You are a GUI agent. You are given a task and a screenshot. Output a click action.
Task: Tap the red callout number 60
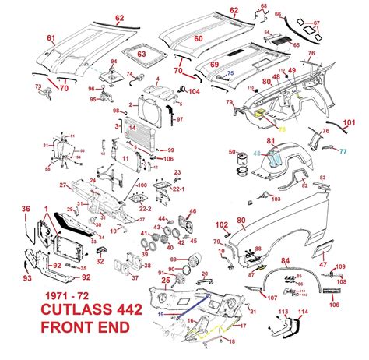coord(198,38)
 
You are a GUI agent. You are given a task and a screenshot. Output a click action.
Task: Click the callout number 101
coord(350,122)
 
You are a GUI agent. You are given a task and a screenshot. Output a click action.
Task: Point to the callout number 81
coord(272,141)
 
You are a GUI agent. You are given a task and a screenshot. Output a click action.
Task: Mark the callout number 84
coord(286,261)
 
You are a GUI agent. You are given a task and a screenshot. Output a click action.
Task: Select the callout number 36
coord(26,207)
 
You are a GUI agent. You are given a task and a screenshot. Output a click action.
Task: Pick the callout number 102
coord(221,224)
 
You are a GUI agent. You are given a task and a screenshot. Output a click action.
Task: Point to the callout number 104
coord(194,91)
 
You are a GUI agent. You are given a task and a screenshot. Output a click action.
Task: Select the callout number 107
coord(272,297)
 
